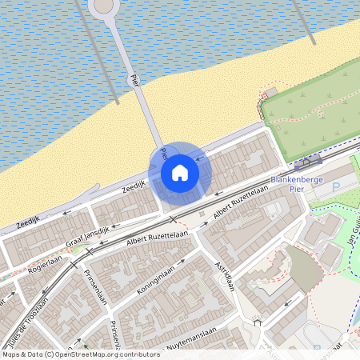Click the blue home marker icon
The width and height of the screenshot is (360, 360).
click(180, 171)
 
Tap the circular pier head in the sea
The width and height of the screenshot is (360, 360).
click(103, 6)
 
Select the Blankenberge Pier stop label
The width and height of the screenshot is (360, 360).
click(296, 185)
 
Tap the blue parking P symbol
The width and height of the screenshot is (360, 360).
click(335, 186)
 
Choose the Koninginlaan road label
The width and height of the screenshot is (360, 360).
click(154, 282)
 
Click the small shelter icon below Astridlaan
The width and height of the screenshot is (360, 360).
click(258, 322)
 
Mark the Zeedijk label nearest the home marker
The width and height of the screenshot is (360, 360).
click(134, 186)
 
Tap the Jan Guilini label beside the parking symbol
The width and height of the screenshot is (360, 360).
click(353, 227)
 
